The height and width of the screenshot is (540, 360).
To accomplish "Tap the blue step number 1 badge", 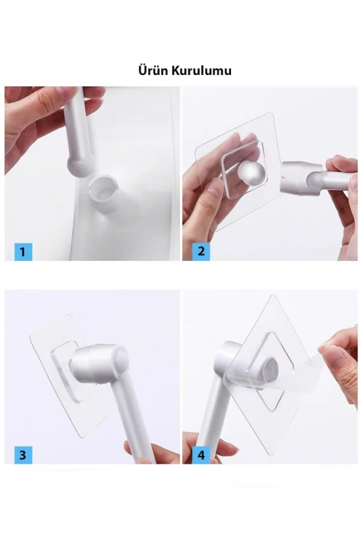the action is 23,252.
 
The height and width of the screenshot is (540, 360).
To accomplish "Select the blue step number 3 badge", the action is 23,455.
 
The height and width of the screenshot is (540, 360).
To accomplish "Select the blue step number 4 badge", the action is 201,455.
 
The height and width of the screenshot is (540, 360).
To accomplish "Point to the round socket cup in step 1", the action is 103,193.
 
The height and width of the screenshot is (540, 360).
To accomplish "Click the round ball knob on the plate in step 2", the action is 253,176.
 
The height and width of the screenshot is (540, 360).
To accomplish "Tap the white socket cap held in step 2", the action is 294,178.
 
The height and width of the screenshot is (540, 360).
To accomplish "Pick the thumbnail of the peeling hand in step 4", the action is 331,354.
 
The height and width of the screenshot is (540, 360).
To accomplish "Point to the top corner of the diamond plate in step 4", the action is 273,295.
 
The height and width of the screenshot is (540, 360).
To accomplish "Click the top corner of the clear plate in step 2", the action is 272,113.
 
